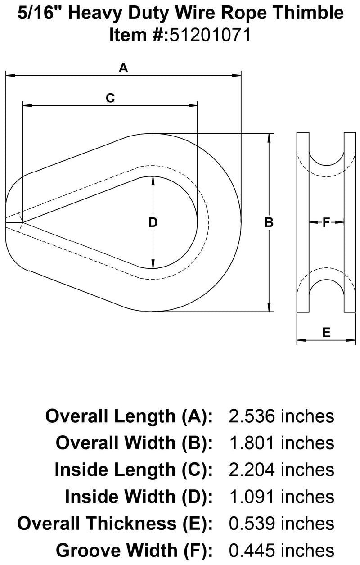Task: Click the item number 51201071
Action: [x=211, y=34]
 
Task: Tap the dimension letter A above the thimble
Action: [x=123, y=68]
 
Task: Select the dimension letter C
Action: [x=110, y=98]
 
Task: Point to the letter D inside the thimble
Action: [x=153, y=222]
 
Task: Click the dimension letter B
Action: [x=269, y=222]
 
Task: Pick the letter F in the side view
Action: [x=326, y=222]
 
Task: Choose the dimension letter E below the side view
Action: [x=326, y=332]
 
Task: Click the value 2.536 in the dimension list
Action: [x=252, y=416]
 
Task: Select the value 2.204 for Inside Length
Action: [x=252, y=470]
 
